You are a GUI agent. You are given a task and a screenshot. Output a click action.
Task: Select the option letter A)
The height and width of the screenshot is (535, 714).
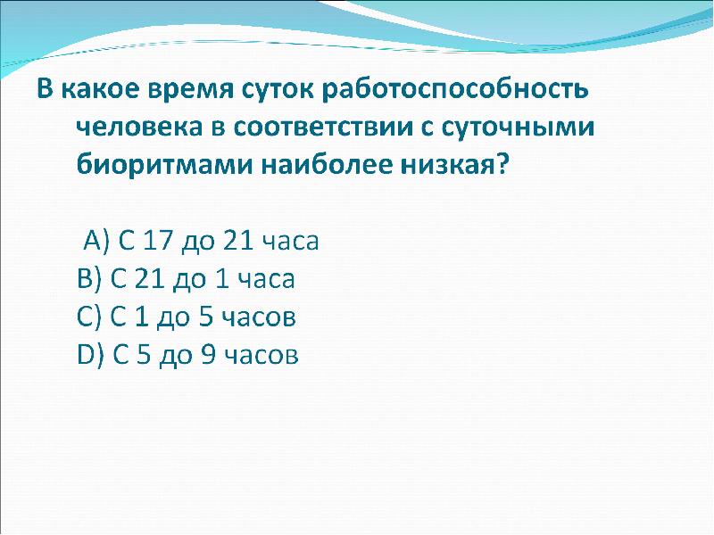(x=95, y=242)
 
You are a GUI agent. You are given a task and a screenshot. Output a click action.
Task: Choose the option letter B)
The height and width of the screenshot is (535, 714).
(x=90, y=279)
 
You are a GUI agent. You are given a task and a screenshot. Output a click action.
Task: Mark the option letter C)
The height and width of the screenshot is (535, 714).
(x=90, y=317)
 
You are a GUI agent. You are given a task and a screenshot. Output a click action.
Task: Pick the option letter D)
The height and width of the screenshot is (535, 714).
(x=92, y=355)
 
